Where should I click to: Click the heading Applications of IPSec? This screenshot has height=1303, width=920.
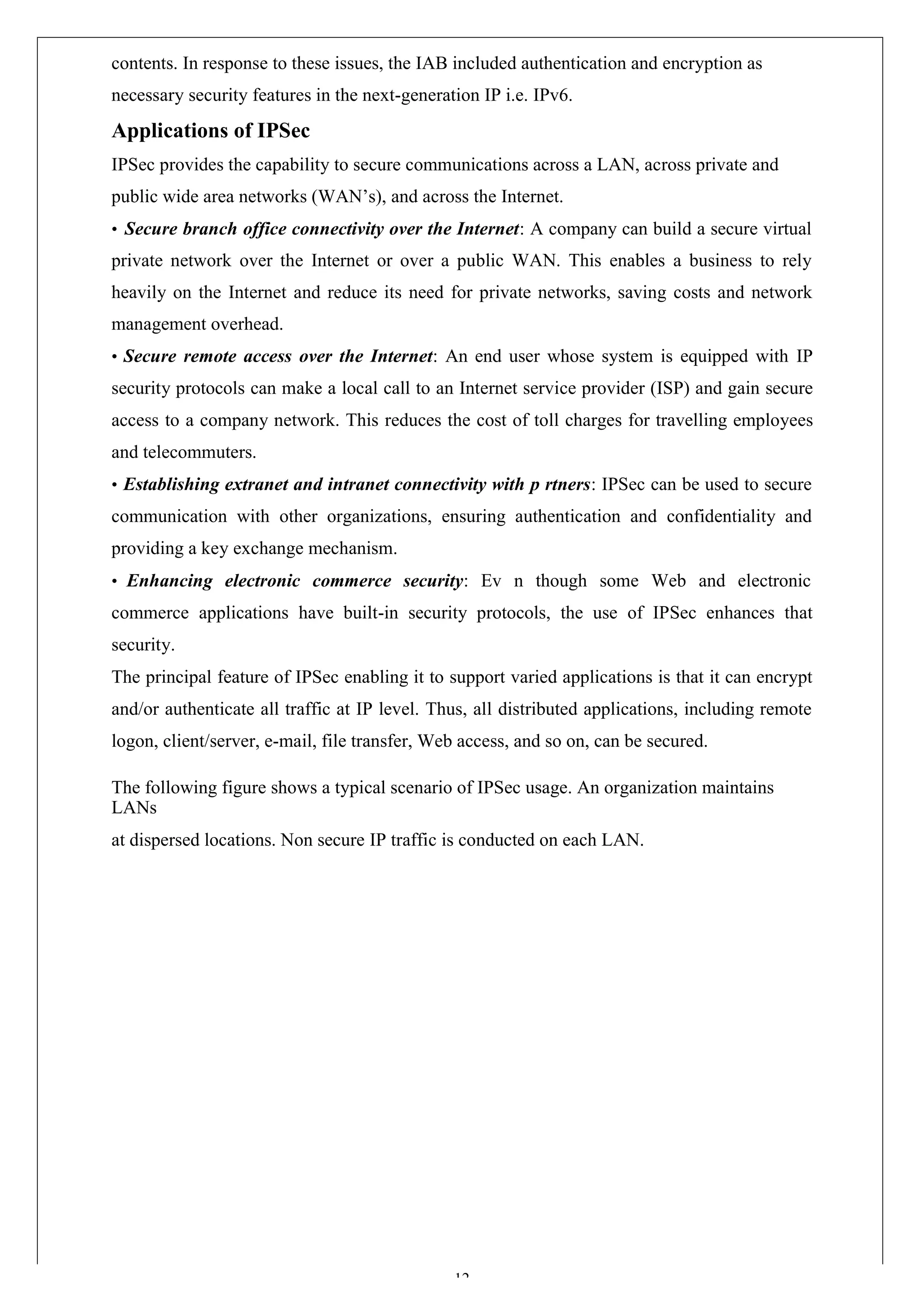pyautogui.click(x=211, y=131)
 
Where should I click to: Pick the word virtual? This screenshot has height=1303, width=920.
pyautogui.click(x=787, y=229)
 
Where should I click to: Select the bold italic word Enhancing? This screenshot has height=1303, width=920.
pyautogui.click(x=169, y=581)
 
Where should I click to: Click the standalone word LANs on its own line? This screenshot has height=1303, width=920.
pyautogui.click(x=134, y=807)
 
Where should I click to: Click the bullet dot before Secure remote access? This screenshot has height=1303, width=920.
pyautogui.click(x=115, y=357)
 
